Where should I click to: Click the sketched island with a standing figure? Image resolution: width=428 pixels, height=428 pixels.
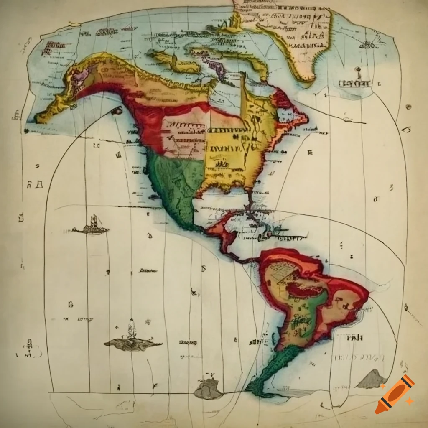click(132, 341)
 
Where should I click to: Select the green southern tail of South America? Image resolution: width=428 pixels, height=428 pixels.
click(272, 372)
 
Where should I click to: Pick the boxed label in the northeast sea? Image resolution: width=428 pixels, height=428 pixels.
click(355, 83)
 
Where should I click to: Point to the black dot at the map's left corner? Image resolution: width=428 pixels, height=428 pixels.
click(26, 131)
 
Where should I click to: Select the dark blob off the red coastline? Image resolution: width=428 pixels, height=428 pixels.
click(117, 110)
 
